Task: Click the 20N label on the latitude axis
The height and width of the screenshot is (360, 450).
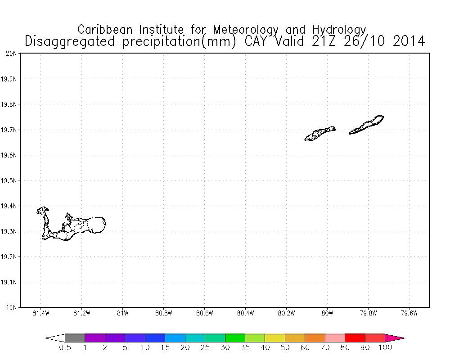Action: coord(11,54)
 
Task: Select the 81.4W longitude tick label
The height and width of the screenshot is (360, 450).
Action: coord(40,313)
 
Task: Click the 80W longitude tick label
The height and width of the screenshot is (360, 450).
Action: coord(327,313)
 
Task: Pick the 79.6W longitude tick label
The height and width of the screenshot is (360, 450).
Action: coord(409,313)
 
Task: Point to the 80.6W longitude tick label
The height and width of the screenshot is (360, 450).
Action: coord(204,313)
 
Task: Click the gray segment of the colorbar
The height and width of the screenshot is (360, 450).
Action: coord(75,338)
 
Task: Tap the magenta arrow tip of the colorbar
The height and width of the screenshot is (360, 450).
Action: coord(395,338)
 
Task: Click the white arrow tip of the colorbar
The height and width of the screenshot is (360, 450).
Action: coord(55,338)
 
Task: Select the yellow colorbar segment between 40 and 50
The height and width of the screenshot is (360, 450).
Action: coord(274,338)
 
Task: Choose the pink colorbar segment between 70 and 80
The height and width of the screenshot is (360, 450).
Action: coord(335,338)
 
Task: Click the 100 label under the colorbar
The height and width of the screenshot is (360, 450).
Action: coord(385,347)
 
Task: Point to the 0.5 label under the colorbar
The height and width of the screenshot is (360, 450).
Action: coord(65,347)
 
